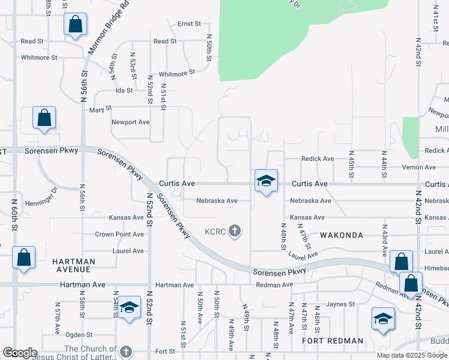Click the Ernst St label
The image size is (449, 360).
[189, 24]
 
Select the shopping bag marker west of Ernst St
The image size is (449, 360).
[75, 25]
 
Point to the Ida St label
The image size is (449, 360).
[124, 91]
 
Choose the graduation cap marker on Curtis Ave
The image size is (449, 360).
[266, 181]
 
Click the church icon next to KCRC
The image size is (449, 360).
[235, 231]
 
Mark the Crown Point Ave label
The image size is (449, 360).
[119, 235]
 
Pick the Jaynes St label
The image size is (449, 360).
[341, 305]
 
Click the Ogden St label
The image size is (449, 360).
[78, 334]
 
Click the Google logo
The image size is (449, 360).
[20, 353]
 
